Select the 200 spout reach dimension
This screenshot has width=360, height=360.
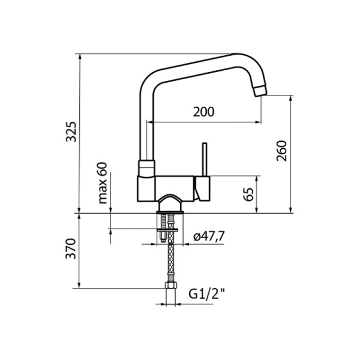204,112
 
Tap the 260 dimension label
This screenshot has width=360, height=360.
282,152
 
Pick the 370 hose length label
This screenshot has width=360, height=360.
71,249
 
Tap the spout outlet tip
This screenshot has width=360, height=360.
259,91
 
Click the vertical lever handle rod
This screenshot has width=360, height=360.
204,159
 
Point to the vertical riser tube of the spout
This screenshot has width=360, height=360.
146,129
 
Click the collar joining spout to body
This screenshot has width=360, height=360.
147,167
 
